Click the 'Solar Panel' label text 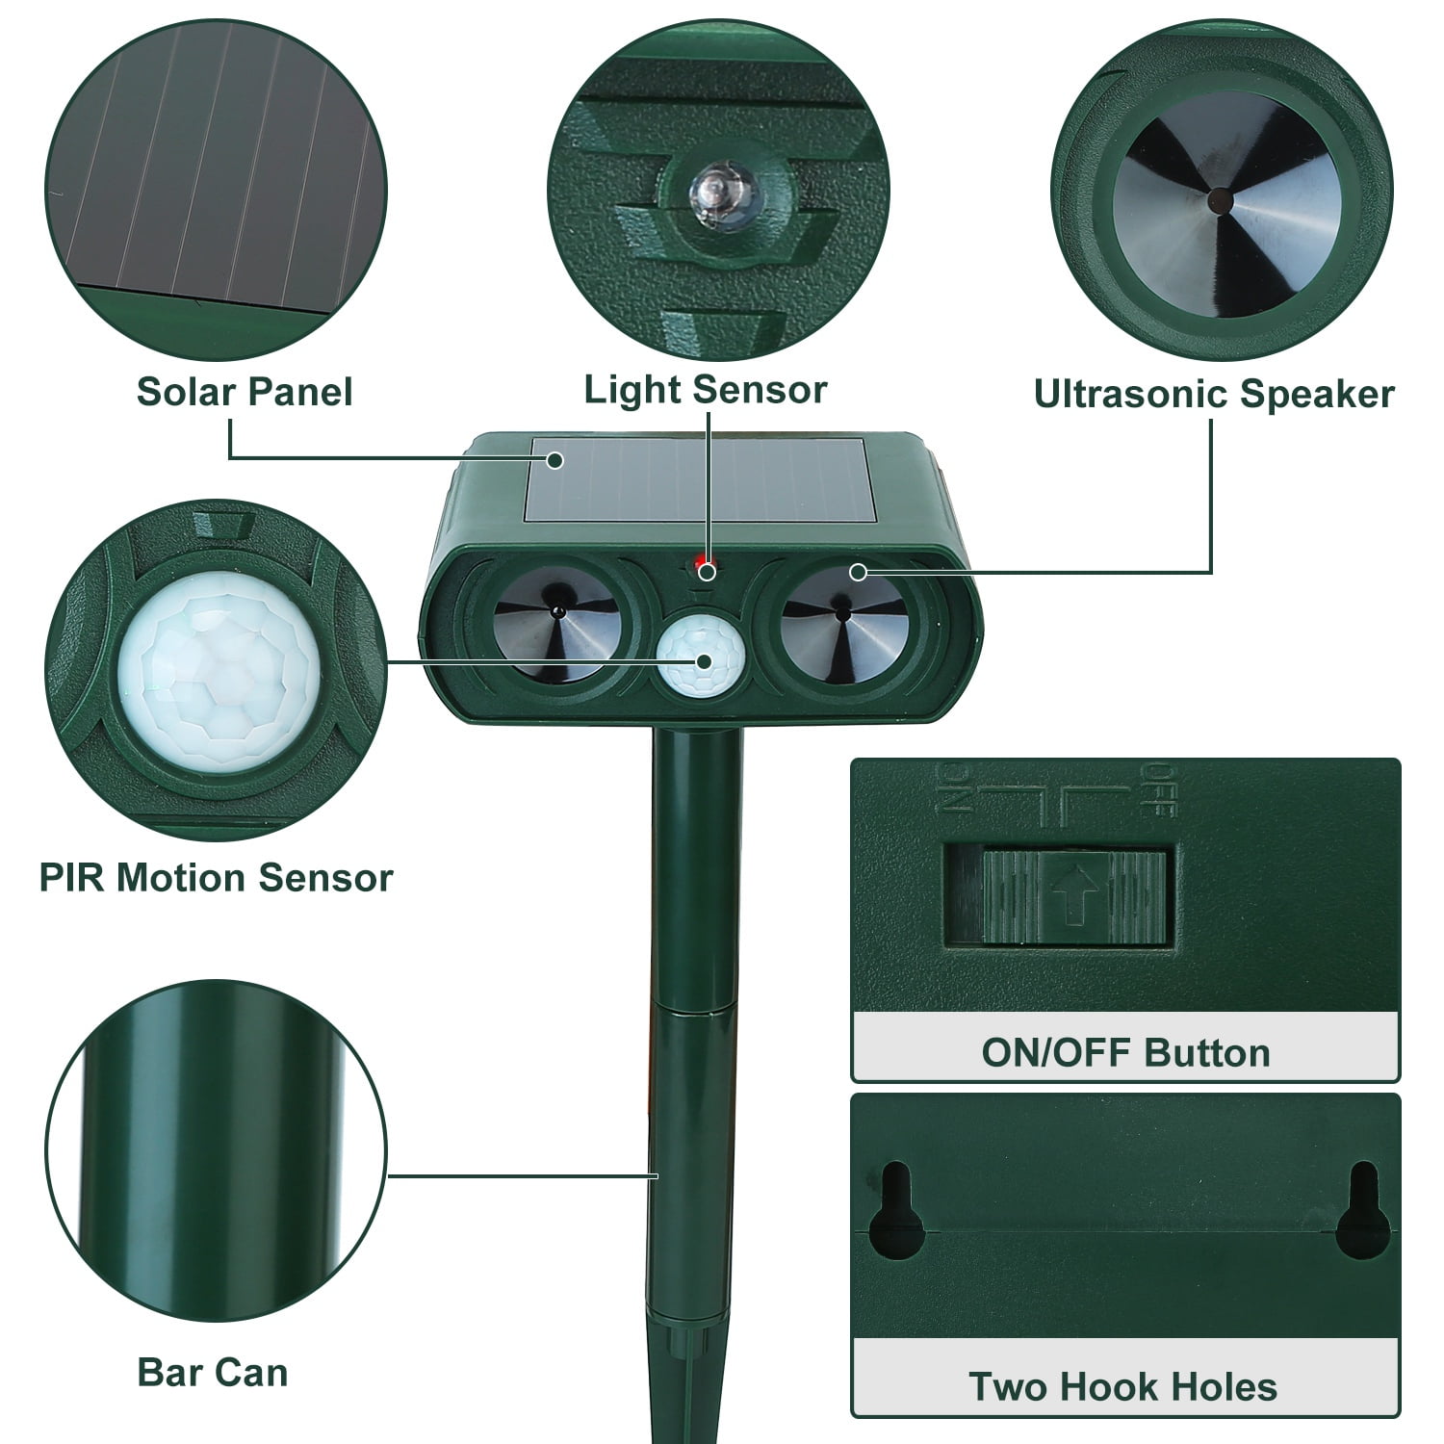point(245,392)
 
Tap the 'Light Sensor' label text point(705,390)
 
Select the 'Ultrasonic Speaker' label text point(1213,394)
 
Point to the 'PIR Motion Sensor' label point(217,878)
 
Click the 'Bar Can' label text point(213,1372)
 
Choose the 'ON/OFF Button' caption point(1125,1053)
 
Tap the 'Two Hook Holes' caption point(1122,1386)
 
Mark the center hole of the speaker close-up point(1220,200)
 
